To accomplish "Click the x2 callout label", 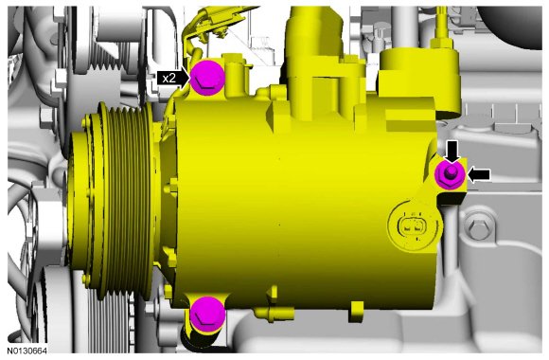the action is point(169,78).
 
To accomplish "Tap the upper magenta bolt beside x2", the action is point(207,78).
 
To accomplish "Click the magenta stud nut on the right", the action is point(451,174).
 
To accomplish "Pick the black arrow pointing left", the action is point(479,174).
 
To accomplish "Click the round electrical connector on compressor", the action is point(413,225).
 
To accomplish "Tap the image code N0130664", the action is point(27,351).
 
